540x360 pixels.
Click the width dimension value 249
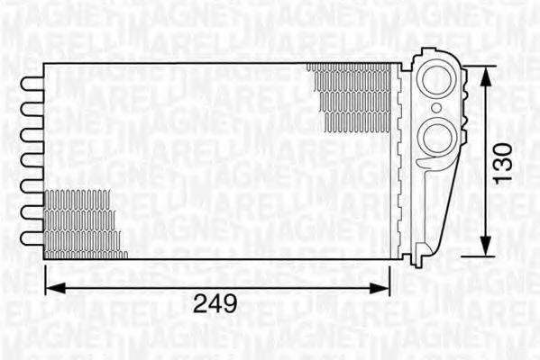click(x=216, y=304)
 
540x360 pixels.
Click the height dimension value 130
click(x=506, y=160)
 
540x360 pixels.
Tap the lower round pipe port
click(x=441, y=138)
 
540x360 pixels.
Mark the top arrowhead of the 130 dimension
click(x=485, y=75)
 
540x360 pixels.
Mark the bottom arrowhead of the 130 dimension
click(x=485, y=247)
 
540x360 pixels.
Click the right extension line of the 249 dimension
click(x=389, y=274)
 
